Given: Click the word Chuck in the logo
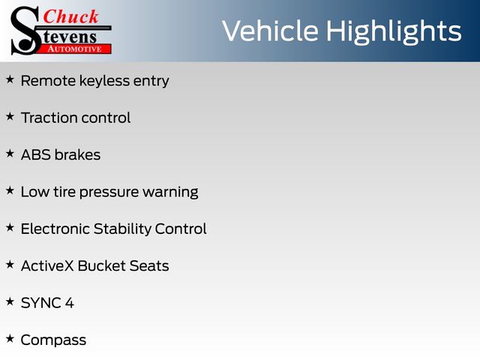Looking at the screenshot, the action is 70,16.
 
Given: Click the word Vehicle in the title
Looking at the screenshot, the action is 270,31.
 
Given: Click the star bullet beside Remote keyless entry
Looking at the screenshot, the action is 10,79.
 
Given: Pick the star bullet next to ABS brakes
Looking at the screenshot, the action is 10,153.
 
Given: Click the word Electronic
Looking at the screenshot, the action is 55,229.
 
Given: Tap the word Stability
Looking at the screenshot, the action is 122,229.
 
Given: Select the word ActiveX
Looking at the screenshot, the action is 47,265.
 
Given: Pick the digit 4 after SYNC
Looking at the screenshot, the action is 70,303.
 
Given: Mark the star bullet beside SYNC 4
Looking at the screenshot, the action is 10,301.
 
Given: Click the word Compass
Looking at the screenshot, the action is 53,340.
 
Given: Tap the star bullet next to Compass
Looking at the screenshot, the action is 10,338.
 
